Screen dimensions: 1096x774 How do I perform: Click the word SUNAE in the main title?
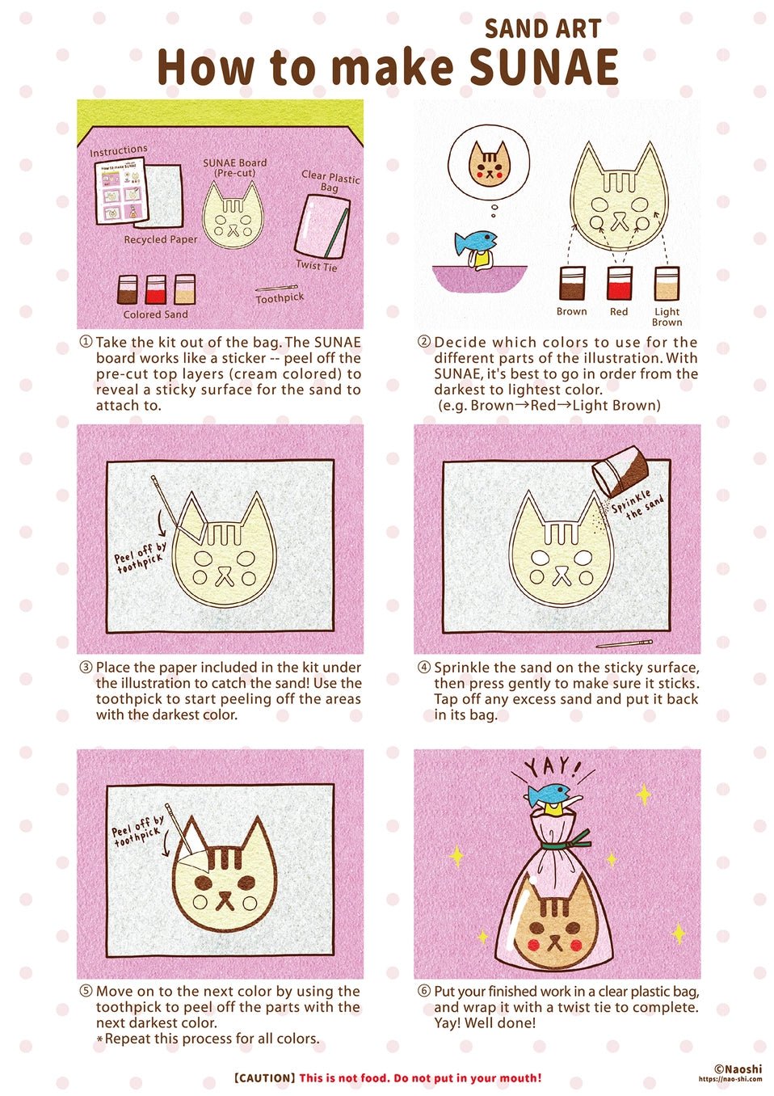tap(544, 68)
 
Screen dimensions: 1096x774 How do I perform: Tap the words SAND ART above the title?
tap(542, 29)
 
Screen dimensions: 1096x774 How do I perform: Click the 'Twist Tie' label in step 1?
tap(316, 265)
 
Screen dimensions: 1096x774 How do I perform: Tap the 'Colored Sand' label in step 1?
tap(155, 314)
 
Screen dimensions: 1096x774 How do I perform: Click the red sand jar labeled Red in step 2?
tap(619, 284)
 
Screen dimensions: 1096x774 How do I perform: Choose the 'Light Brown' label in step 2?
tap(667, 316)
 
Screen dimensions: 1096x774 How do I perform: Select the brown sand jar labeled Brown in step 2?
tap(572, 284)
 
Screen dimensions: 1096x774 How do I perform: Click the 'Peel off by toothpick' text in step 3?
tap(139, 557)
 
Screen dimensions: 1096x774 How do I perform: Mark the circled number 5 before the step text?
tap(86, 991)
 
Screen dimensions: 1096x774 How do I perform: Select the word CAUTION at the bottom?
tap(264, 1078)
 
